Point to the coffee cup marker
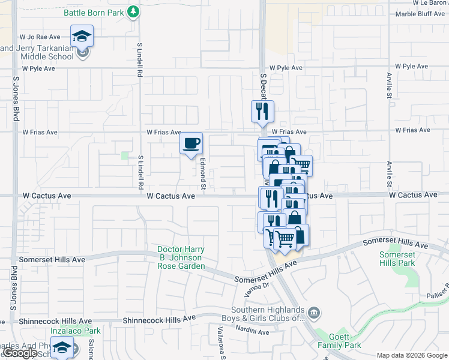coord(191,143)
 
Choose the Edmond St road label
coord(203,175)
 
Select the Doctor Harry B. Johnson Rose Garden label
coord(181,257)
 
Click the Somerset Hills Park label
coord(397,259)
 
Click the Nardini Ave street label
coord(252,332)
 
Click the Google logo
coord(20,353)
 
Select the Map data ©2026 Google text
coord(411,355)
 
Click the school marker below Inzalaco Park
coord(62,347)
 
